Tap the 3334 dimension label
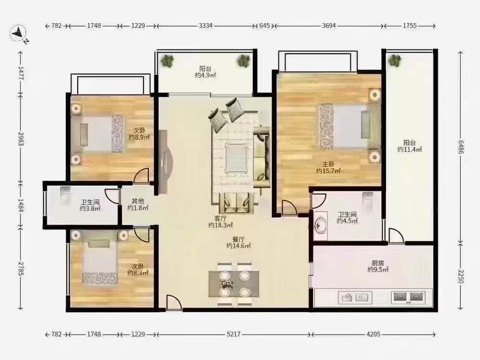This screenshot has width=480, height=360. pos(205,26)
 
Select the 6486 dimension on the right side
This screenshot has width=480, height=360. pos(461,147)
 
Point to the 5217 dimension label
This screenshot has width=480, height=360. pos(233,334)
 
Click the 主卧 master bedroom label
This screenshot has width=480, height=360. pos(328,164)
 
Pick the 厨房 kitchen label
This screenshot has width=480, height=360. pos(378,263)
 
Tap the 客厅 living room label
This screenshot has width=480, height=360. pos(220,218)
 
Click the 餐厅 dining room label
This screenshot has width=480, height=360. pos(239,239)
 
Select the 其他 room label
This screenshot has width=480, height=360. pos(138,201)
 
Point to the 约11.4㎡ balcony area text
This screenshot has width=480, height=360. pos(409,149)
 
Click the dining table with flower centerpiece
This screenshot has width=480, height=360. pos(234,284)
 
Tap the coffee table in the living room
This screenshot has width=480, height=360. pos(236,158)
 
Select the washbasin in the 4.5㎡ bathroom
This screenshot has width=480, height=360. pos(321,226)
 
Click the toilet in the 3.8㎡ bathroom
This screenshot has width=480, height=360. pos(65,193)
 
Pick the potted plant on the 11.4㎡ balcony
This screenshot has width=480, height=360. pos(394,60)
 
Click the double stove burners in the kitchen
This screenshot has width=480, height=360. pos(408,297)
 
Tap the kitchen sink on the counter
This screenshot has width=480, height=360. pos(355,298)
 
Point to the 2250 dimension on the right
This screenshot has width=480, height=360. pos(461,276)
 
